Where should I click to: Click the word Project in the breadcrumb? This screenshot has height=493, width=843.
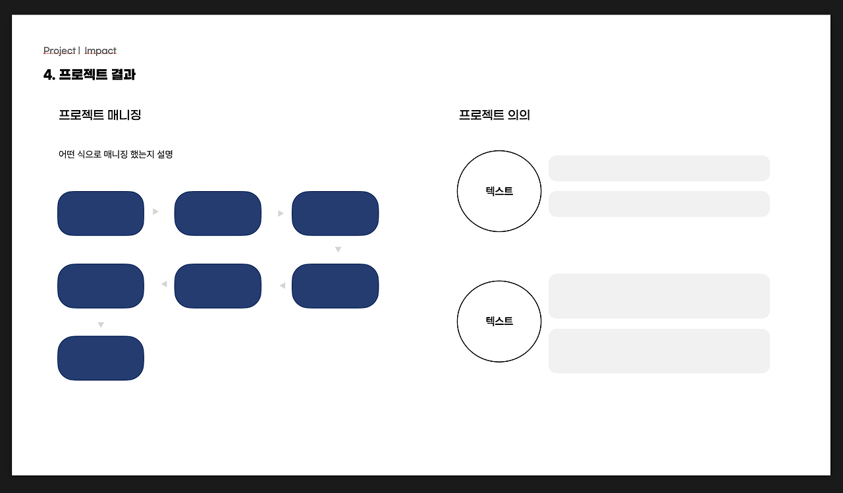(x=59, y=51)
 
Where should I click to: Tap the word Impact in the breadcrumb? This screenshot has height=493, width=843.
(x=100, y=51)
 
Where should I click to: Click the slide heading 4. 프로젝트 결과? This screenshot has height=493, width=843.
(x=90, y=74)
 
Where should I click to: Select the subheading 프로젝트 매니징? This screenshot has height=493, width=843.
(x=100, y=115)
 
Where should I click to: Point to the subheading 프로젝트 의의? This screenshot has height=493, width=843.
(x=495, y=115)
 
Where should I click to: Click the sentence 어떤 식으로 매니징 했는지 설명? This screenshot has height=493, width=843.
(x=116, y=154)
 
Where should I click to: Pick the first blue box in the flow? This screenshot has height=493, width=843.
(x=101, y=214)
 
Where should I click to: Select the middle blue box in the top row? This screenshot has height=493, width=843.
(x=218, y=214)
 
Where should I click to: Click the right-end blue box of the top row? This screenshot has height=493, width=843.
(x=335, y=214)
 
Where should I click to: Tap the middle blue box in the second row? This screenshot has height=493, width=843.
(x=218, y=286)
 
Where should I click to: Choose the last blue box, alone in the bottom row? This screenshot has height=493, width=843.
(x=101, y=358)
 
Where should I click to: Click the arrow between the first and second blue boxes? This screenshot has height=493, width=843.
(x=155, y=212)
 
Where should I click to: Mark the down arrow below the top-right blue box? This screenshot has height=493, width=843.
(x=338, y=250)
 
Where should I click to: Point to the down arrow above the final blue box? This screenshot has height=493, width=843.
(x=101, y=325)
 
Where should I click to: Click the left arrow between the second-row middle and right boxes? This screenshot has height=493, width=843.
(x=282, y=285)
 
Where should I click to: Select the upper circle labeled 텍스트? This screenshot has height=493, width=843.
(x=499, y=191)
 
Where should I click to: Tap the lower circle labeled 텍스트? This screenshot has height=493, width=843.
(x=499, y=321)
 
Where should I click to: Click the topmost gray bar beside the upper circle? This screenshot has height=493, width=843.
(x=659, y=168)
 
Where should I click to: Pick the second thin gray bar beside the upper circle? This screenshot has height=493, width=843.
(x=659, y=204)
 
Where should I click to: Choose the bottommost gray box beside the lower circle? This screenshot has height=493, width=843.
(x=659, y=351)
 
